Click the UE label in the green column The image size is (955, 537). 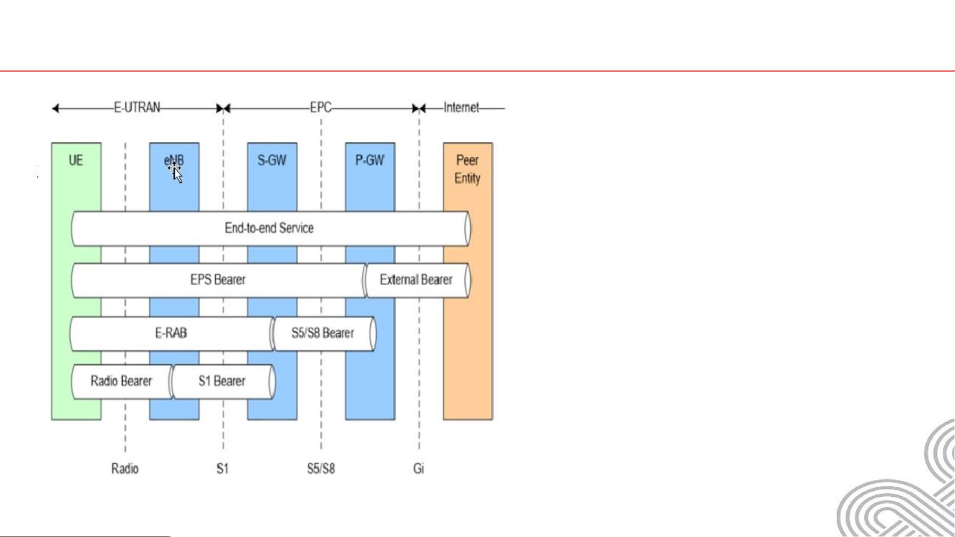[x=76, y=160]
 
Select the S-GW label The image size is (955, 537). [x=272, y=160]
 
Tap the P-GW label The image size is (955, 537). [x=370, y=160]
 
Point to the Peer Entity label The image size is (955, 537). [x=467, y=169]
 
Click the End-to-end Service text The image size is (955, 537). [x=269, y=228]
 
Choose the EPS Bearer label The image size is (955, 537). [x=218, y=280]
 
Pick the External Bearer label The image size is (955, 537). [x=416, y=280]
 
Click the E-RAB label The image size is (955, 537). [x=171, y=333]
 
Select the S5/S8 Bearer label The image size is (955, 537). [x=323, y=333]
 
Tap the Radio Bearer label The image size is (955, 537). [x=121, y=381]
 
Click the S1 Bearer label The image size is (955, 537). [x=222, y=381]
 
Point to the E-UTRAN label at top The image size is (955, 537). [x=137, y=108]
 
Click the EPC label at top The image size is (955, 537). [x=321, y=108]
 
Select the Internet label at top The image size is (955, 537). [x=461, y=108]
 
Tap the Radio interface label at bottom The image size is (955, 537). [x=125, y=468]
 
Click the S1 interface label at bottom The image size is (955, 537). [x=222, y=468]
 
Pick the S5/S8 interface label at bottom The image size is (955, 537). [x=321, y=468]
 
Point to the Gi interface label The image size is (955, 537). [x=419, y=468]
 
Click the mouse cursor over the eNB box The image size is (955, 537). [x=176, y=172]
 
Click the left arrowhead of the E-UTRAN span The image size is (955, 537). [x=55, y=108]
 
